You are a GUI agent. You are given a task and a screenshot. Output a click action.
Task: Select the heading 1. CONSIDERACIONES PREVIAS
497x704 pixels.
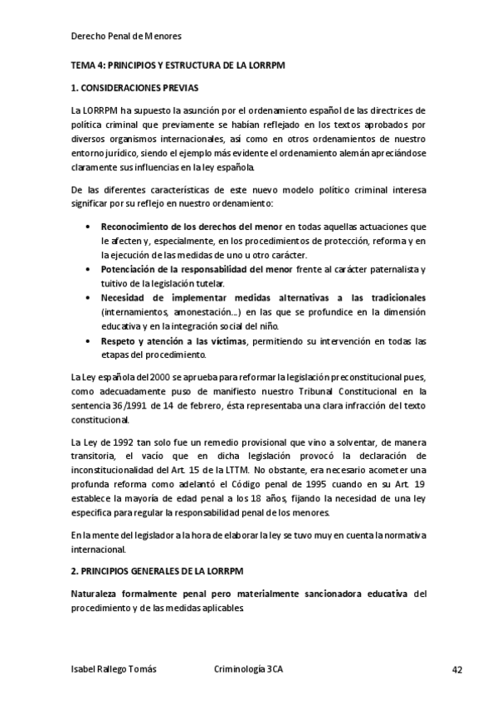pyautogui.click(x=135, y=87)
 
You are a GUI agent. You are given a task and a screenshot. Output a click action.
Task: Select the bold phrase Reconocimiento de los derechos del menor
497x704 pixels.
pyautogui.click(x=192, y=227)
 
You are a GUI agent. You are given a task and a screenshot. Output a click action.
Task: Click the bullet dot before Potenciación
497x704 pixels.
pyautogui.click(x=89, y=270)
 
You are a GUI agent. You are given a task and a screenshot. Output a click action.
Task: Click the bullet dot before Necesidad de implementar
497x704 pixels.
pyautogui.click(x=89, y=297)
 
